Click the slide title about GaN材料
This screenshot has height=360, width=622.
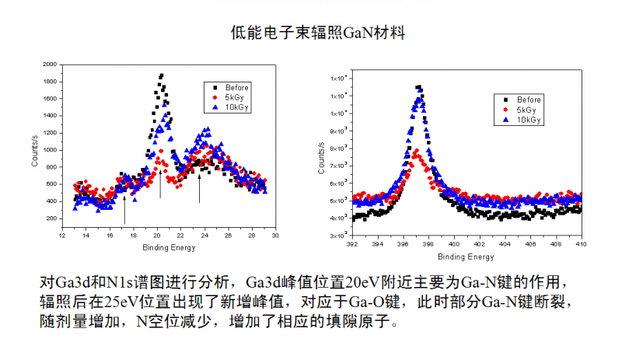[317, 33]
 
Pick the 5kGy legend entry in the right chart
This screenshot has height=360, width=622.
[527, 110]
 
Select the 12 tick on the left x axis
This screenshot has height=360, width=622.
[62, 236]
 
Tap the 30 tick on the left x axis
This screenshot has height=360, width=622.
[277, 236]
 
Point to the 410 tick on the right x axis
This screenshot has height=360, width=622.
[580, 244]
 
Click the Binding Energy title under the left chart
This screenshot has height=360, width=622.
[169, 248]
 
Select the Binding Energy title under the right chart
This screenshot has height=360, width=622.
[466, 257]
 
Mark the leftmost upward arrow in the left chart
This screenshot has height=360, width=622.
[124, 209]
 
